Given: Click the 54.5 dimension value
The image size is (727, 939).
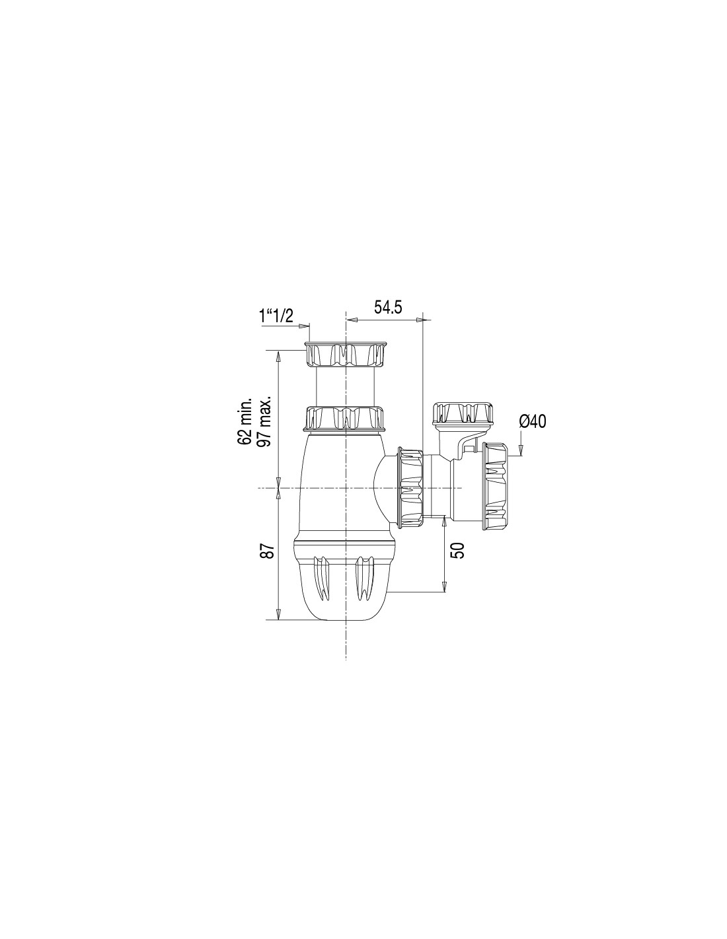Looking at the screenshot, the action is click(388, 308).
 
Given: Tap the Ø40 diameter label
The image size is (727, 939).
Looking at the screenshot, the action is click(533, 421).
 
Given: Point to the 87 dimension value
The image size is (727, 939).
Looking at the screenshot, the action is click(268, 551).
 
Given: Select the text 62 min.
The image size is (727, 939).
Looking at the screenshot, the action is click(245, 422).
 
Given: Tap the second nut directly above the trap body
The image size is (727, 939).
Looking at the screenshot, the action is click(346, 419).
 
